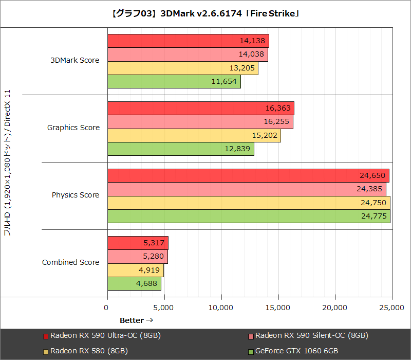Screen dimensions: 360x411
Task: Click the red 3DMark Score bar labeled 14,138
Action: [x=188, y=41]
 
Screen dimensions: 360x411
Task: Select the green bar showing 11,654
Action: [x=174, y=82]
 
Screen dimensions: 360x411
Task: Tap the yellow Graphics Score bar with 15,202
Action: [x=194, y=136]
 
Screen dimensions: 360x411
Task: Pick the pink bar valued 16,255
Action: [x=200, y=122]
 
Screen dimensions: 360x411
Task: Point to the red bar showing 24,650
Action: [x=248, y=176]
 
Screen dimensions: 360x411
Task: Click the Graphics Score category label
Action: [x=73, y=128]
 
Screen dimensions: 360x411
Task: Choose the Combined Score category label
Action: [x=70, y=262]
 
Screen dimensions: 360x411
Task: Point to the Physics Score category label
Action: [x=75, y=195]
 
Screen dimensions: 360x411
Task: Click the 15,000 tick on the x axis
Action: [x=278, y=308]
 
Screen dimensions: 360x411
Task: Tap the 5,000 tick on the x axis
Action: [x=164, y=308]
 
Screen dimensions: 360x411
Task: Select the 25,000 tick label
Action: [x=392, y=308]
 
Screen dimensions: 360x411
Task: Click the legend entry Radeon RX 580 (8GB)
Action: [x=89, y=351]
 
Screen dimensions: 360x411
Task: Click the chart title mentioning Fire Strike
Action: [x=206, y=14]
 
